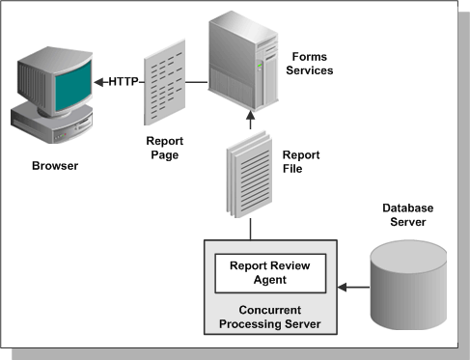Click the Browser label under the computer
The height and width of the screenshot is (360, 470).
(x=54, y=166)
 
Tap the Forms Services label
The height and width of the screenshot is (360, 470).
(x=312, y=63)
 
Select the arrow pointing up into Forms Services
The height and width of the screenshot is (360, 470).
(x=250, y=123)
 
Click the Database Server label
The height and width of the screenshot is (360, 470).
(x=409, y=213)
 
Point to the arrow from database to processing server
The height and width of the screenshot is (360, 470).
(x=354, y=287)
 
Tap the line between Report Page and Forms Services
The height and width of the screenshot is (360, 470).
(x=198, y=81)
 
